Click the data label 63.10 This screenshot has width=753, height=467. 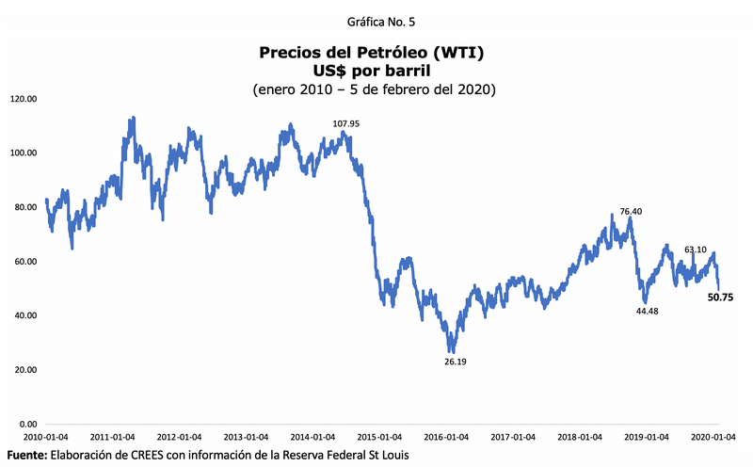(x=695, y=250)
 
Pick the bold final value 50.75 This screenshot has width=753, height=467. (x=721, y=297)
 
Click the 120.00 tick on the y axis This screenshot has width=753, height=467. (x=23, y=98)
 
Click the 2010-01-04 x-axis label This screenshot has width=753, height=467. (x=45, y=438)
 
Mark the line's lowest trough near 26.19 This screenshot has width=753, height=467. (x=452, y=350)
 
